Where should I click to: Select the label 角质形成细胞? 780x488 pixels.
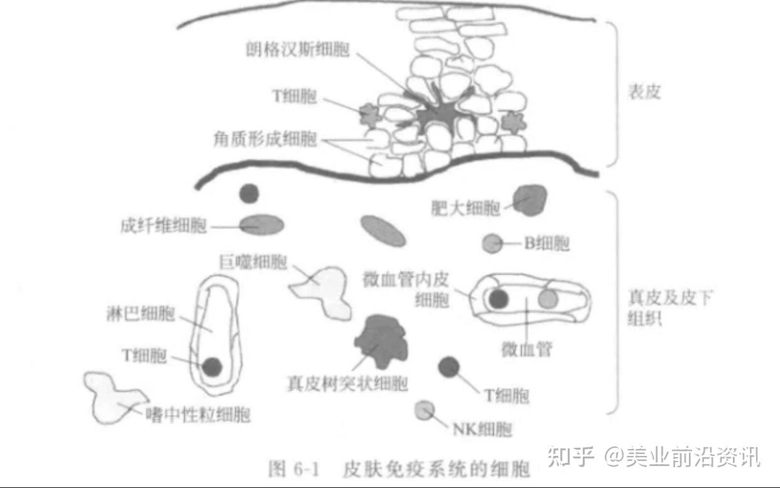point(265,140)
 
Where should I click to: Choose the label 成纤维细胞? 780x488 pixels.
point(163,225)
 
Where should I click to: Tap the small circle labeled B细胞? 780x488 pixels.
point(492,243)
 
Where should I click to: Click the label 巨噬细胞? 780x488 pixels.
point(252,262)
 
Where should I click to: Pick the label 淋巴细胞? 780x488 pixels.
point(141,313)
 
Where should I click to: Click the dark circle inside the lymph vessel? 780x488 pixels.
point(212,365)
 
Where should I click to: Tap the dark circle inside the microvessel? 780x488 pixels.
point(499,299)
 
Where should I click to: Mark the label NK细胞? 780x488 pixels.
point(482,430)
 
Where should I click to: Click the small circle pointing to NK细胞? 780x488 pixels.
point(425,410)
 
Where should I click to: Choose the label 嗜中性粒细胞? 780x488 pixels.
point(198,414)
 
